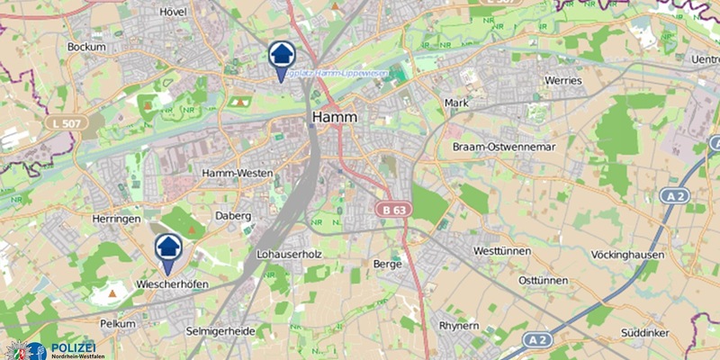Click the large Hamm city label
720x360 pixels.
(x=335, y=118)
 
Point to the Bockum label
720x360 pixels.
(x=86, y=46)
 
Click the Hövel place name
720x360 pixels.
(x=171, y=12)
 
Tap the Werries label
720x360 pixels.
(x=563, y=81)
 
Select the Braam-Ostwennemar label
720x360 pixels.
(x=500, y=145)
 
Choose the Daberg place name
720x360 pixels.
(x=232, y=216)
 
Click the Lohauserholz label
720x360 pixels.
(x=290, y=255)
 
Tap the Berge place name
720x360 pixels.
(x=391, y=265)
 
